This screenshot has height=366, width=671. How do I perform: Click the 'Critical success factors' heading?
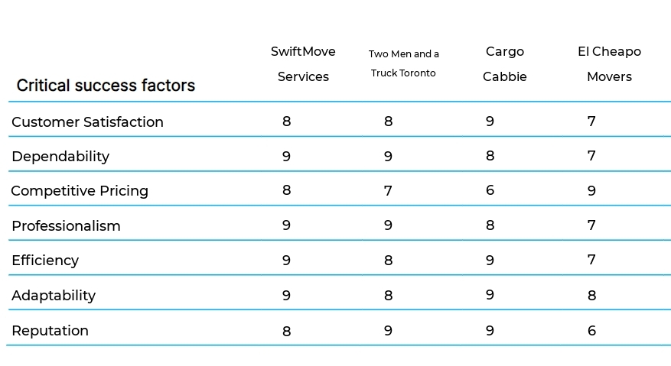click(x=106, y=86)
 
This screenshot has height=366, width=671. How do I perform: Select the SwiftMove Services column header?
click(x=303, y=64)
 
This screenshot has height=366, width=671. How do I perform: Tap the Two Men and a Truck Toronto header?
click(x=403, y=63)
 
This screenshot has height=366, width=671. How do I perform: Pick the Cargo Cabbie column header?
click(x=505, y=64)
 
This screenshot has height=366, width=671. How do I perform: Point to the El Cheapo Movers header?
click(x=609, y=64)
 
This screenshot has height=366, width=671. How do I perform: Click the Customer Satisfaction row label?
click(x=87, y=121)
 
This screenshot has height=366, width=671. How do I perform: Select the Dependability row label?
click(x=60, y=156)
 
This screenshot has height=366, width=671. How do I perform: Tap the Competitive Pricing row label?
click(x=80, y=190)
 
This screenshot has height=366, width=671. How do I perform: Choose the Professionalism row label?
click(x=66, y=225)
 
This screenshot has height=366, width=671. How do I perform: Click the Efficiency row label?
click(x=45, y=260)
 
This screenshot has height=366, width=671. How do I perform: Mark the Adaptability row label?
click(x=54, y=295)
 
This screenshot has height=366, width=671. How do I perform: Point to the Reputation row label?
click(x=50, y=330)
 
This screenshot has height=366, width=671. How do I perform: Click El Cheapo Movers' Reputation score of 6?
click(x=591, y=330)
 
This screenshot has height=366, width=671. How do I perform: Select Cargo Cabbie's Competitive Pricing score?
click(x=490, y=190)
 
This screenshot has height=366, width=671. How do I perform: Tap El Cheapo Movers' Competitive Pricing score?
click(x=591, y=190)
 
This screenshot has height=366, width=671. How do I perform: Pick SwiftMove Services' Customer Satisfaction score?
click(x=287, y=121)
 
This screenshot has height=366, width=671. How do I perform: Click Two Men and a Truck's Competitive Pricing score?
click(x=388, y=190)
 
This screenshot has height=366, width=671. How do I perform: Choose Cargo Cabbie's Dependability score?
click(x=490, y=156)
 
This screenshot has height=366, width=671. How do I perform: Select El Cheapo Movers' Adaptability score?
click(x=591, y=295)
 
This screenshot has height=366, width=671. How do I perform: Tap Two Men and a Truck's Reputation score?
click(x=388, y=330)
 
